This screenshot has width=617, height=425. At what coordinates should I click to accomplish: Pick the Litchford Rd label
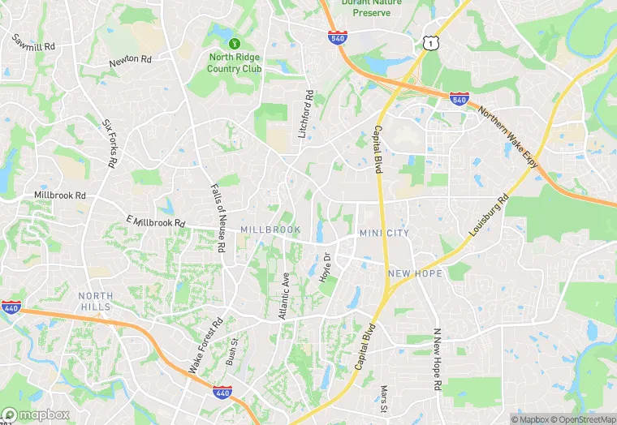point(306,113)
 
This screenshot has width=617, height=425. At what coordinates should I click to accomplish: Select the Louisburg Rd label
point(489,216)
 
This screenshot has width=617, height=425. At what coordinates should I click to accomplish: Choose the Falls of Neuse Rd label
point(217,217)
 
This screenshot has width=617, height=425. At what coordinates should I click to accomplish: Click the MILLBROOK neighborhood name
point(270,230)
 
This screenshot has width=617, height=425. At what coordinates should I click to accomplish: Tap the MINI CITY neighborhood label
point(385,234)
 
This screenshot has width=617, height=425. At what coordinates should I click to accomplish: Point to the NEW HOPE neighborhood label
point(415,274)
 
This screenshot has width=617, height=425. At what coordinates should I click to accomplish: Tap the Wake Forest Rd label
point(205,346)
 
